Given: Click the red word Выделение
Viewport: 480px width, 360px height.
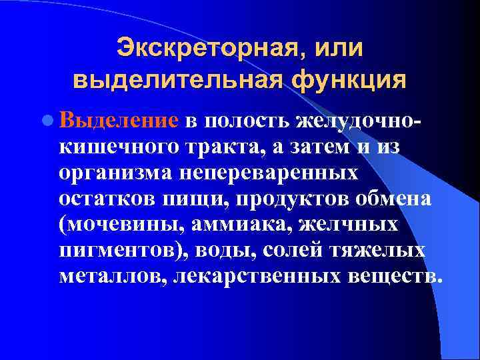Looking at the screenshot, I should click(x=119, y=121).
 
